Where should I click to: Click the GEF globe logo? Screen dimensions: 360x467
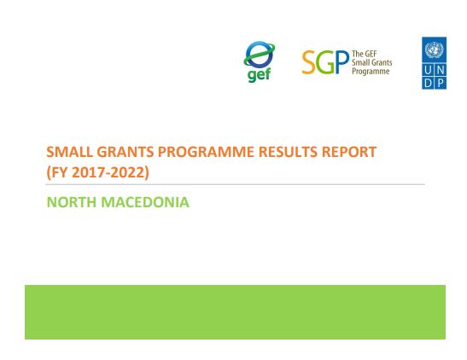pos(259,55)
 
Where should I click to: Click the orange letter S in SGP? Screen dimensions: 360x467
pos(310,63)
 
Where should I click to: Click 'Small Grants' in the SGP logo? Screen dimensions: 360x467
pos(371,63)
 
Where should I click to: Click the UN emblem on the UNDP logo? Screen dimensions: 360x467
pos(434,49)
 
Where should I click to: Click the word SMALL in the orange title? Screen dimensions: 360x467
pos(70,152)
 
